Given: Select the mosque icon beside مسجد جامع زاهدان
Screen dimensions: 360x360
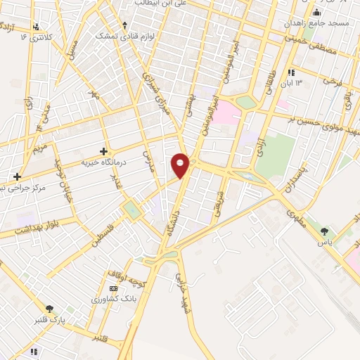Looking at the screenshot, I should (x=316, y=12).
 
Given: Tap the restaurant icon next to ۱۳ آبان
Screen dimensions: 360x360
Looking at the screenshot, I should (x=291, y=72).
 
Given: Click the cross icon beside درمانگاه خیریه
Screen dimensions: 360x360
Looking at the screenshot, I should (x=104, y=150).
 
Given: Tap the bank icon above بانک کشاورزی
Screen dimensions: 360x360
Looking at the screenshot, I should (x=114, y=288).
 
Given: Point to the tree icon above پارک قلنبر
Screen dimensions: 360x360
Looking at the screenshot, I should (x=49, y=309).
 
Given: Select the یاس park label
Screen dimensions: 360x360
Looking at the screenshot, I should (x=324, y=242).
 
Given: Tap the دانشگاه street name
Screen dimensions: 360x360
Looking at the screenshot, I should (x=173, y=231).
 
